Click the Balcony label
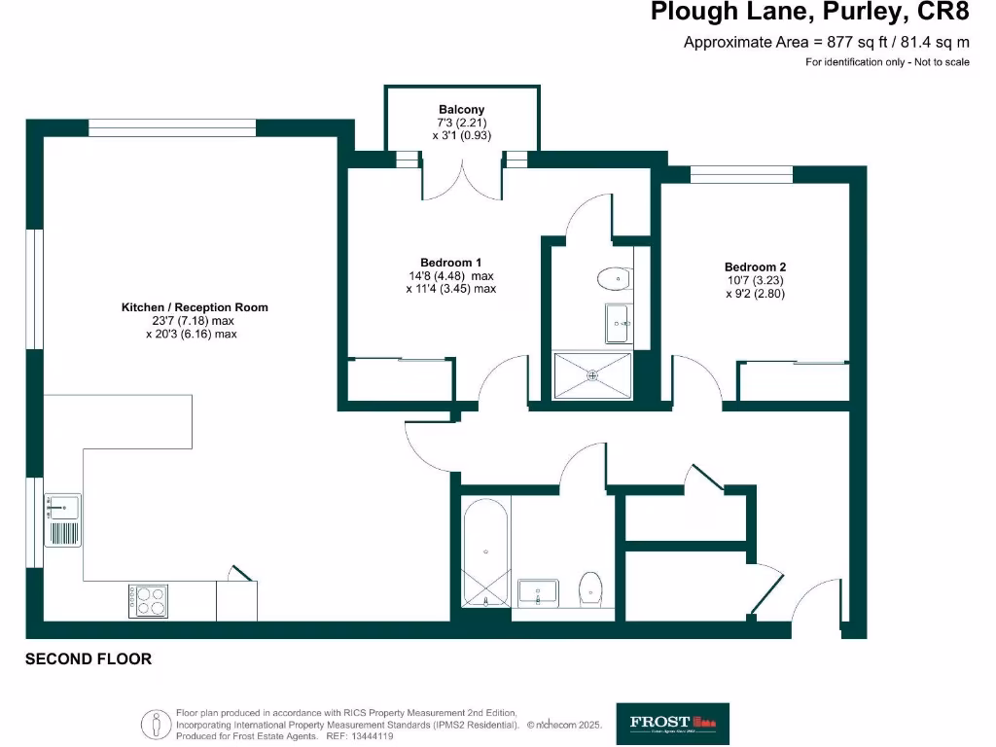tap(461, 110)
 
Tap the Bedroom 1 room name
tap(450, 263)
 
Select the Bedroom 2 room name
tap(755, 267)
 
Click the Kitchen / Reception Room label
tap(194, 307)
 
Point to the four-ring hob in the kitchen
tap(148, 601)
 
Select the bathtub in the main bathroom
tap(484, 554)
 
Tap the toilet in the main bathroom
tap(589, 588)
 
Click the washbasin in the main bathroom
tap(538, 591)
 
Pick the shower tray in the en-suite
tap(591, 375)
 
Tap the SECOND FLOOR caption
tap(89, 659)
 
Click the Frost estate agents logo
tap(672, 723)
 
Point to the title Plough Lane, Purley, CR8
tap(809, 14)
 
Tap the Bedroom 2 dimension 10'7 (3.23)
tap(755, 281)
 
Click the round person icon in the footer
tap(154, 725)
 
